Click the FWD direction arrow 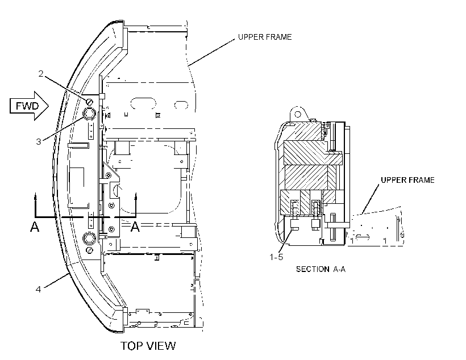tap(29, 106)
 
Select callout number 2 tap(41, 73)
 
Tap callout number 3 tap(39, 142)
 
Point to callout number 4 tap(38, 289)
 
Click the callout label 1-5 tap(276, 257)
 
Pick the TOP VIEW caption tap(148, 346)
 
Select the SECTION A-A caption tap(321, 269)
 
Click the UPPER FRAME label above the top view tap(265, 37)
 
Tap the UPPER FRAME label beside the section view tap(408, 180)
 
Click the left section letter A tap(35, 227)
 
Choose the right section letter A tap(135, 227)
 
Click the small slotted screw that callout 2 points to tap(89, 102)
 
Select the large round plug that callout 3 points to tap(89, 113)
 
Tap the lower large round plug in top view tap(89, 238)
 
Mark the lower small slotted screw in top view tap(90, 250)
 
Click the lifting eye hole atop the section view tap(297, 114)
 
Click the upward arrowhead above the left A tap(35, 196)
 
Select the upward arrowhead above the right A tap(135, 196)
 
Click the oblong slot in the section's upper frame tap(362, 237)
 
